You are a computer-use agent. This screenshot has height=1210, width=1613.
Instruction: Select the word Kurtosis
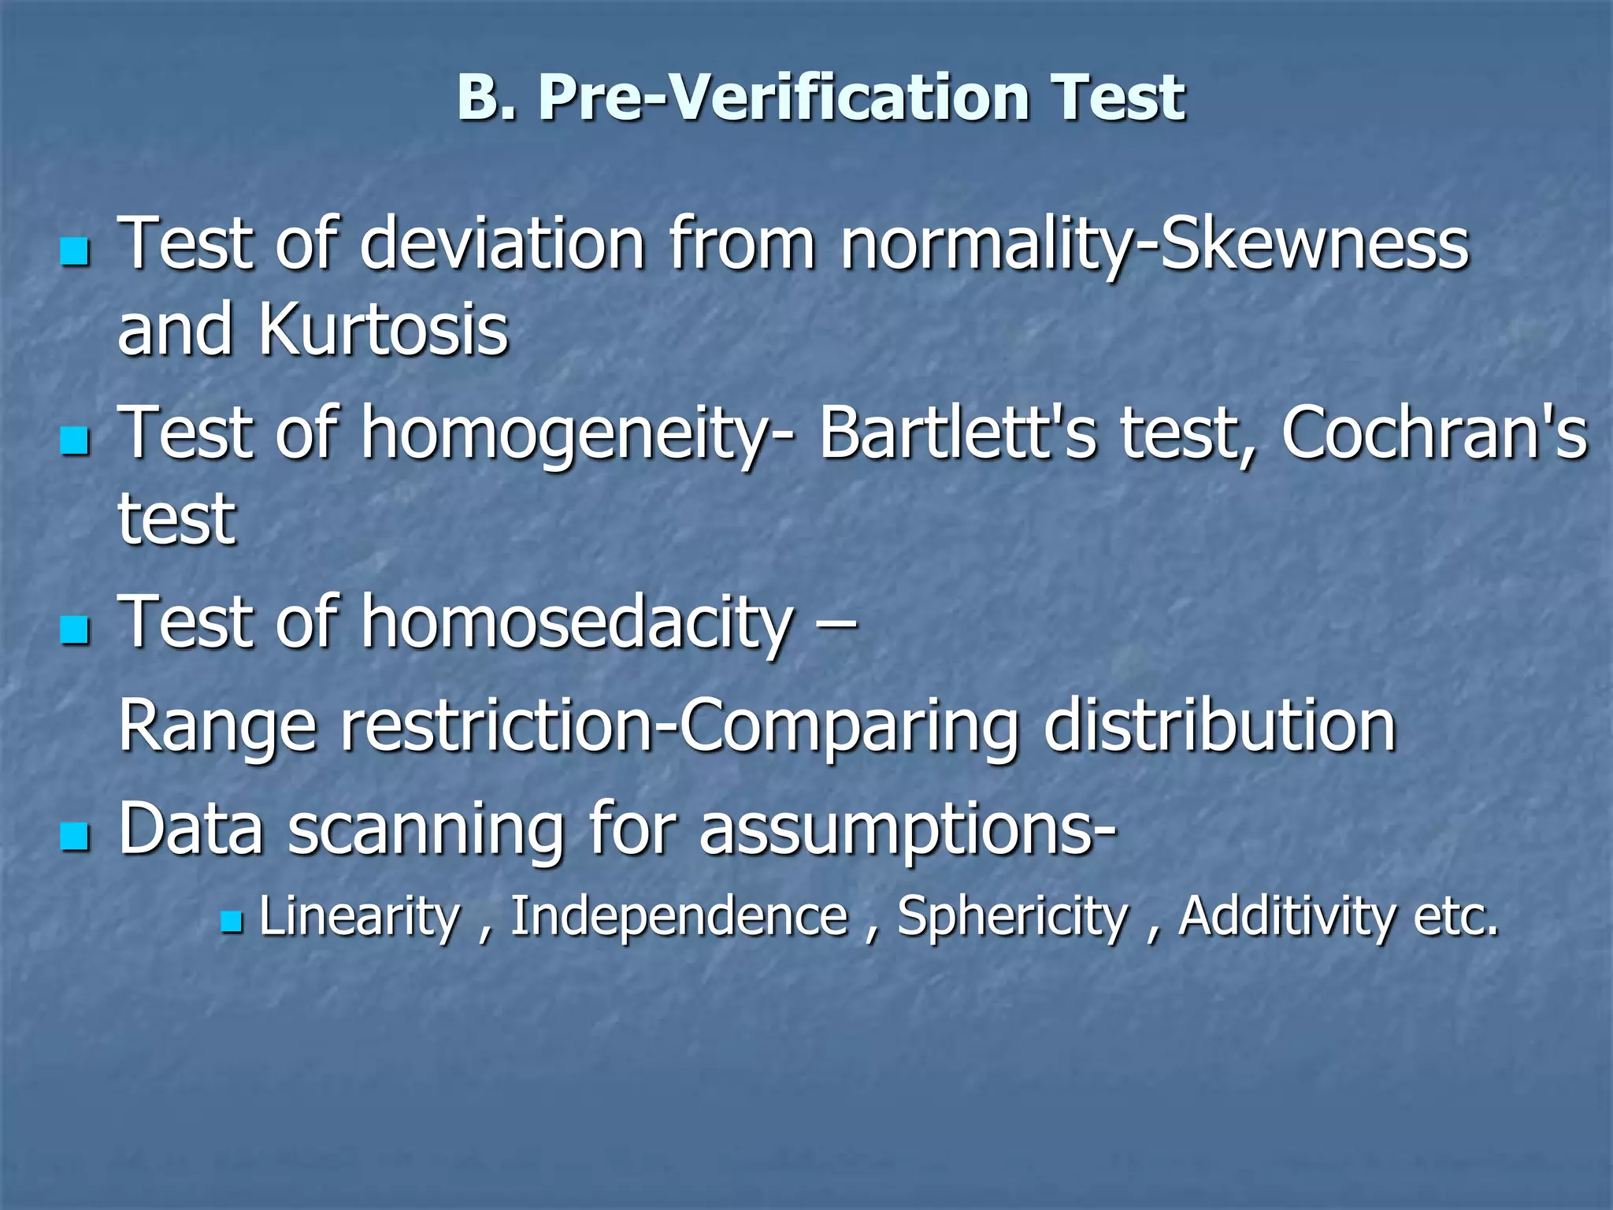tap(383, 329)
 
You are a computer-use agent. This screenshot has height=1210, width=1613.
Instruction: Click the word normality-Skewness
tap(1154, 244)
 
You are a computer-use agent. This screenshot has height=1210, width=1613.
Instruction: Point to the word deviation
tap(502, 244)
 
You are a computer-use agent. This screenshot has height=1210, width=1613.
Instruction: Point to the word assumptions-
tap(907, 831)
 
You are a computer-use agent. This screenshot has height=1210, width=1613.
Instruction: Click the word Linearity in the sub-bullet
tap(359, 917)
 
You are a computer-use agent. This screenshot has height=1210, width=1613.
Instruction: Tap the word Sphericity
tap(1013, 919)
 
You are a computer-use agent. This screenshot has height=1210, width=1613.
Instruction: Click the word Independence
tap(679, 919)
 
